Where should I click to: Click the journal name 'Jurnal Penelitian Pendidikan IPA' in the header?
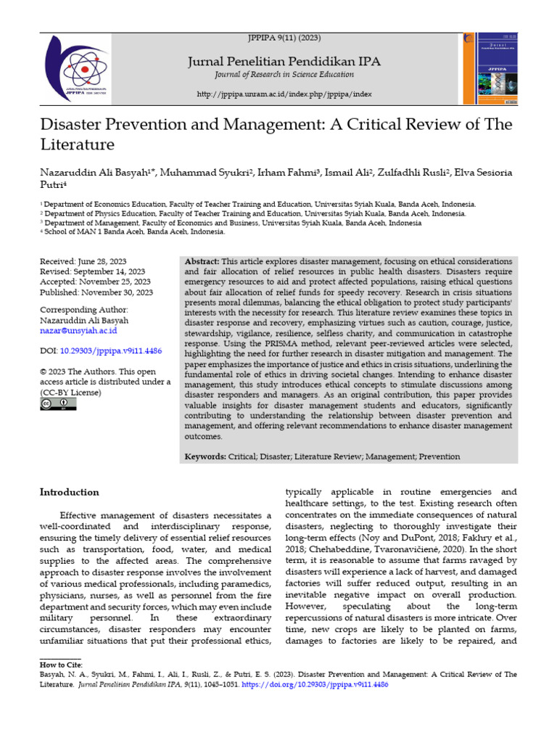point(284,61)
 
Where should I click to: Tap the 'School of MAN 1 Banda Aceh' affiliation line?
point(134,232)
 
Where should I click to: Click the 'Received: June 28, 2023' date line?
point(83,260)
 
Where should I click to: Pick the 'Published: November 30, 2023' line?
point(95,292)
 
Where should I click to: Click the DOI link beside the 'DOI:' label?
point(110,350)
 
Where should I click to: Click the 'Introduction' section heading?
point(69,492)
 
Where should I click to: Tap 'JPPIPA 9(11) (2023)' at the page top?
point(284,37)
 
